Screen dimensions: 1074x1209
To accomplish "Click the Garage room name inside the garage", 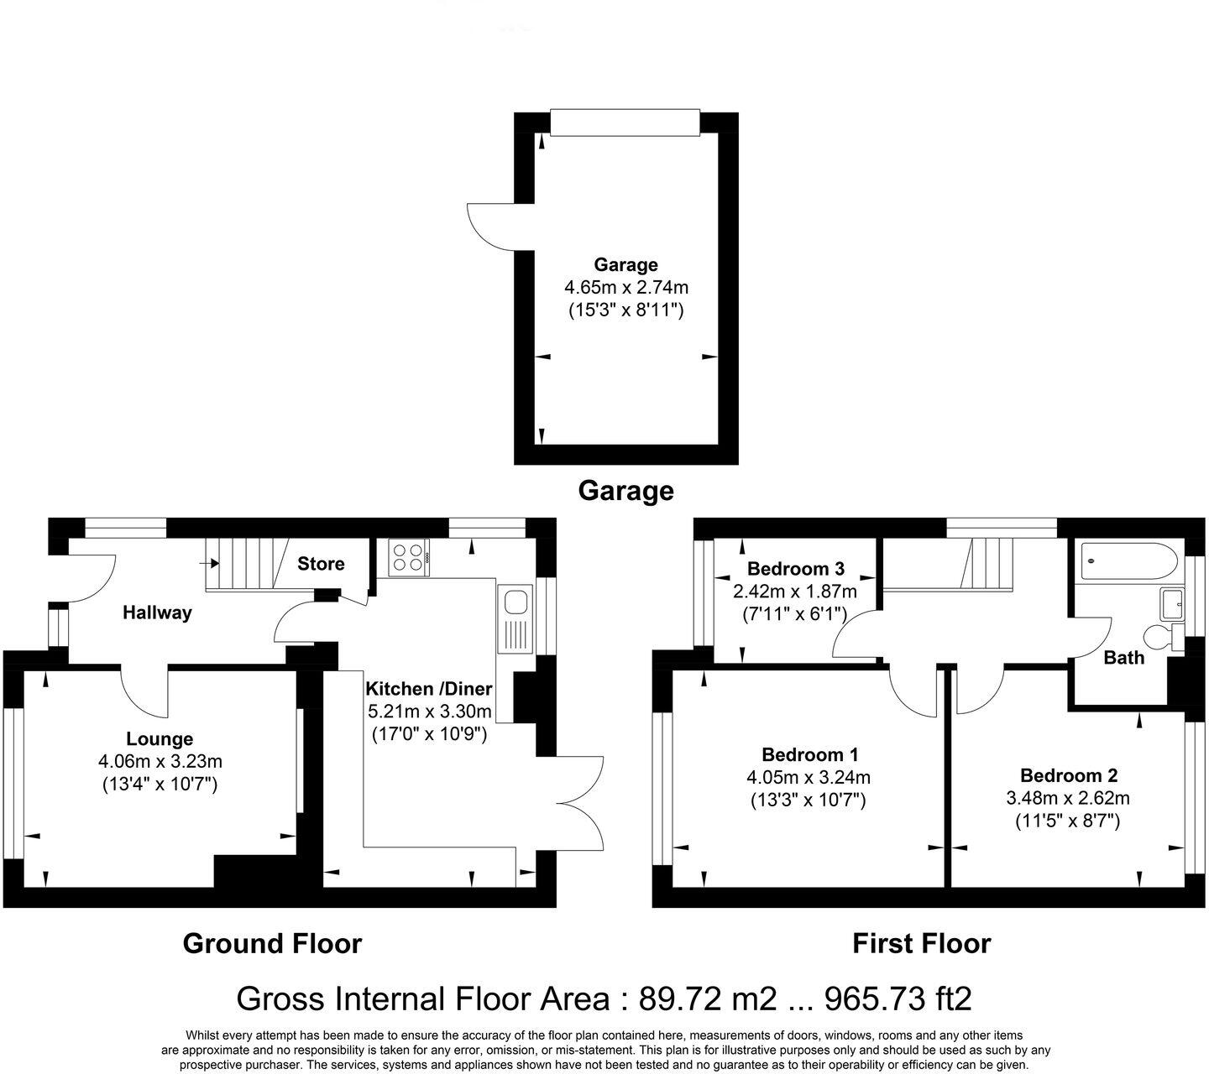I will pyautogui.click(x=625, y=265).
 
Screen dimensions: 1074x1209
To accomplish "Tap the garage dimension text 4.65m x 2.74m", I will pyautogui.click(x=625, y=288).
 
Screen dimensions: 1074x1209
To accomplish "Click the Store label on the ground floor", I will pyautogui.click(x=321, y=564).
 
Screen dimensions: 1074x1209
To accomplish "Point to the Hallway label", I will pyautogui.click(x=157, y=613).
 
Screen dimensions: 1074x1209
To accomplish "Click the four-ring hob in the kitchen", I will pyautogui.click(x=409, y=555).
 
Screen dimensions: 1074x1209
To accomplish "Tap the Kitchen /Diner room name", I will pyautogui.click(x=428, y=689).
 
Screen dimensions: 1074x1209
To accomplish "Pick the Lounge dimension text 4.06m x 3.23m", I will pyautogui.click(x=160, y=762).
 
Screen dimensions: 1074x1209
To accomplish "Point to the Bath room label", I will pyautogui.click(x=1123, y=658).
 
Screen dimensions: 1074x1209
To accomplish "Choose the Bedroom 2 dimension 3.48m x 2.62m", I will pyautogui.click(x=1068, y=798).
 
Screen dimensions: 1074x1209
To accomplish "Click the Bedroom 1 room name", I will pyautogui.click(x=809, y=754).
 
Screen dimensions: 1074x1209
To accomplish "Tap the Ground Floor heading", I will pyautogui.click(x=272, y=944).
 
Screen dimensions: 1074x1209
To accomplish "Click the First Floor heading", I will pyautogui.click(x=921, y=944).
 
